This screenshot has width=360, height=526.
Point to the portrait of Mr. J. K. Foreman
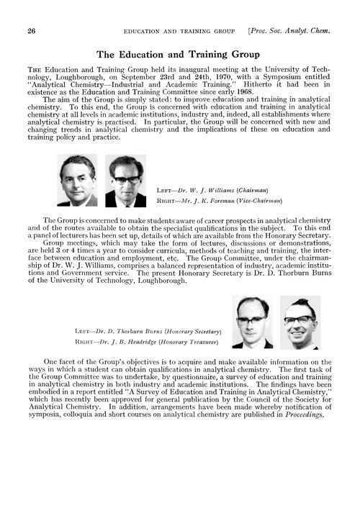coord(126,181)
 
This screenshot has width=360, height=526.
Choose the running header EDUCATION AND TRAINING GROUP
coord(179,32)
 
